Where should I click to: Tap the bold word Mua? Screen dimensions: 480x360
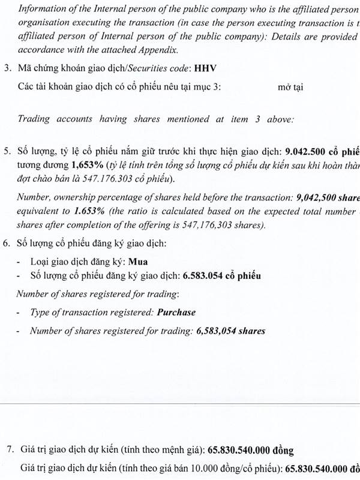tap(139, 262)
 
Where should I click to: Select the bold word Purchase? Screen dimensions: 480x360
tap(176, 312)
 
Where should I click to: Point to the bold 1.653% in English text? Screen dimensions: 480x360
tap(88, 211)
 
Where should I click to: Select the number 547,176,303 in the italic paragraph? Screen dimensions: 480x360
tap(232, 225)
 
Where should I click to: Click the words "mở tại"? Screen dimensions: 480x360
tap(290, 87)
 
